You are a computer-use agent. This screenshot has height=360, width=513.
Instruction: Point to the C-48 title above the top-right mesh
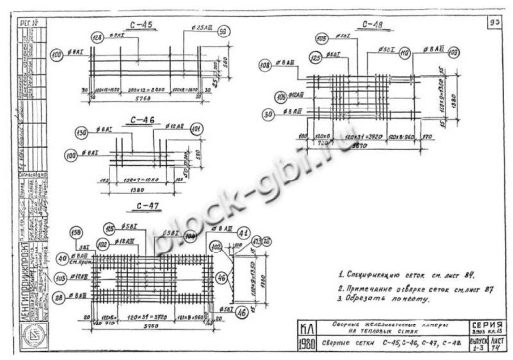(x=372, y=27)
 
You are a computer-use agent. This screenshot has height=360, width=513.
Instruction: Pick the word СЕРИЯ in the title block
(x=487, y=324)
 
